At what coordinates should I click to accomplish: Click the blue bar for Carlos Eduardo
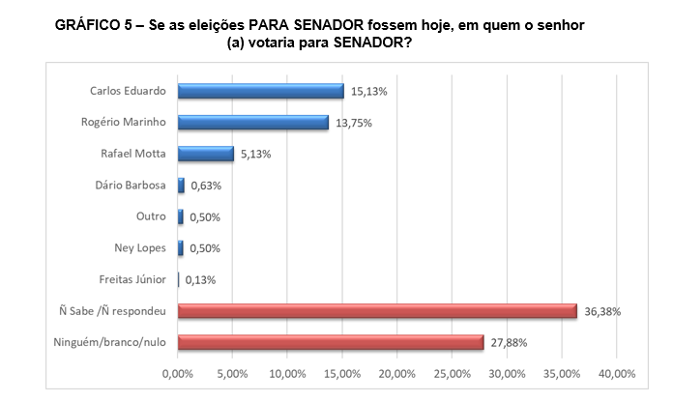tap(260, 91)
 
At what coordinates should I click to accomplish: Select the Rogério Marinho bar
tap(252, 123)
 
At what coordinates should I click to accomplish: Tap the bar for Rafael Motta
tap(205, 154)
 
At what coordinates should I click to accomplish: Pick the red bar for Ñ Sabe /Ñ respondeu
tap(377, 311)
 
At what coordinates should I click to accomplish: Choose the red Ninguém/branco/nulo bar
tap(330, 342)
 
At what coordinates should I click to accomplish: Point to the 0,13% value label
tap(200, 280)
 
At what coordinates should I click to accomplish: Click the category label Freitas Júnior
tap(133, 280)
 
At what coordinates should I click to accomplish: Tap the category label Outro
tap(151, 216)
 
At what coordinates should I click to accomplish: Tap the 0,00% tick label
tap(177, 373)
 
